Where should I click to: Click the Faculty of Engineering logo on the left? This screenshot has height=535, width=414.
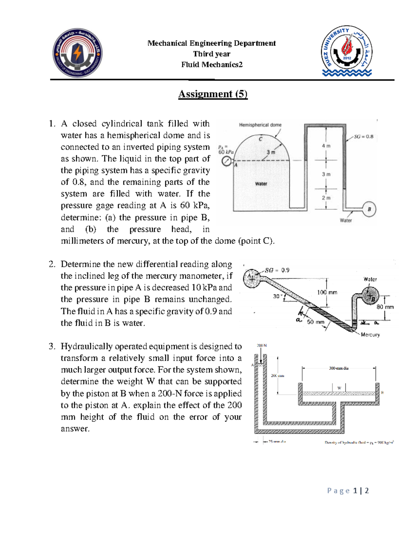[77, 53]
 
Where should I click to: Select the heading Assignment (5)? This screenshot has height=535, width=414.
[213, 94]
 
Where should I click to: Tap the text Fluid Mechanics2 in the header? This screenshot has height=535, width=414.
[212, 64]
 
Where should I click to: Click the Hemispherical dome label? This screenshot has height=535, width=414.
[260, 125]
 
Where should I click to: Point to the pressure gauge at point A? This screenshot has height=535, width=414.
[226, 161]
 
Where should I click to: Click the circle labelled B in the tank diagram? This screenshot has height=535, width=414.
[369, 209]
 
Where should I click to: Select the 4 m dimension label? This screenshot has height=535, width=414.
[326, 146]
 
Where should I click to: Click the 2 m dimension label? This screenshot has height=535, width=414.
[326, 198]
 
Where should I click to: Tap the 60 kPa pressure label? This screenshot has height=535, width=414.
[226, 152]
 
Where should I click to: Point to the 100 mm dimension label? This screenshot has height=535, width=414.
[327, 292]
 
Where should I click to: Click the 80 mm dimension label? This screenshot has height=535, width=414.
[385, 307]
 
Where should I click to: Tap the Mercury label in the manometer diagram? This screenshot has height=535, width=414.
[370, 335]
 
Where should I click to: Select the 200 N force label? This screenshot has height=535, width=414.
[262, 346]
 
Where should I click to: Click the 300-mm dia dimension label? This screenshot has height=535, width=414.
[338, 368]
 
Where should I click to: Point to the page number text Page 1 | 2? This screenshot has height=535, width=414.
[348, 491]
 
